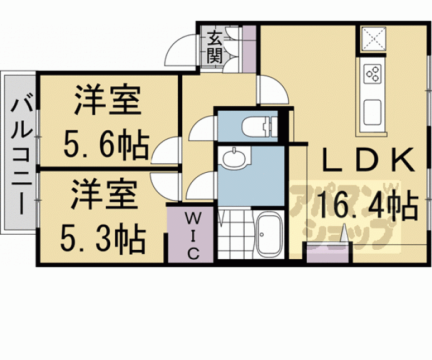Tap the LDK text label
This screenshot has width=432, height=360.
368,161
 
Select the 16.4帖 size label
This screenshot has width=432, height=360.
367,205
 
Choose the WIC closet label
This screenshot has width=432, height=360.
193,235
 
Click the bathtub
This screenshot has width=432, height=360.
270,235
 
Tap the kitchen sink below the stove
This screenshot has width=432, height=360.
373,111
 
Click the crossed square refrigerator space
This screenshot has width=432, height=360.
374,39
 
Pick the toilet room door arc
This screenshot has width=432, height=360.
202,130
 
